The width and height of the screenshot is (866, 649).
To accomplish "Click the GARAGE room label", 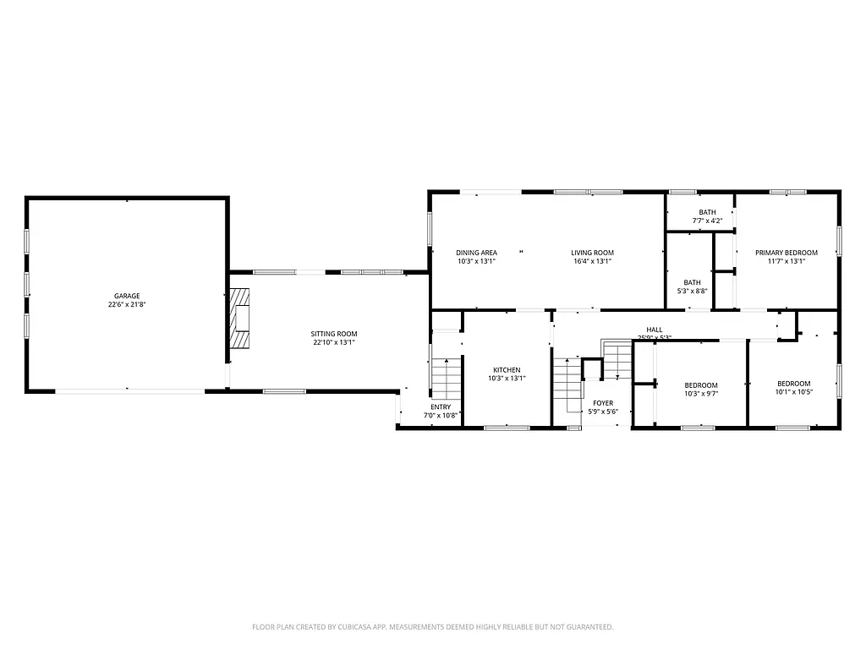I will (x=127, y=296).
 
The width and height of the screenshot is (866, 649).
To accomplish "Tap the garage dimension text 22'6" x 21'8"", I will (x=127, y=305).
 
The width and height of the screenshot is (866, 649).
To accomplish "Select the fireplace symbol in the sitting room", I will (x=241, y=319).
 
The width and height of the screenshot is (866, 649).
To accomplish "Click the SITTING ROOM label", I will (x=333, y=334).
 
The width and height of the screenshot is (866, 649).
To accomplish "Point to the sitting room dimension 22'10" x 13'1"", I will (x=333, y=343).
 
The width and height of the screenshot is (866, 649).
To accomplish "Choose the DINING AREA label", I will (x=476, y=253).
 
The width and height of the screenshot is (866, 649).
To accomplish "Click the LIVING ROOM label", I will (x=592, y=253).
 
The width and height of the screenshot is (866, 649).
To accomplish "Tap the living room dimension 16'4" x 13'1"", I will (x=592, y=262).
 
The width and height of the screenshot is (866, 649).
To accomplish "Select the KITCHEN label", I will (x=507, y=370).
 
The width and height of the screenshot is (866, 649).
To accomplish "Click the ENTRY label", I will (x=440, y=406).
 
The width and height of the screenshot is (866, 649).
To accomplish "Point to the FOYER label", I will (x=603, y=403).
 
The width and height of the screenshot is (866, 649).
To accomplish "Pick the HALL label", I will (x=655, y=330).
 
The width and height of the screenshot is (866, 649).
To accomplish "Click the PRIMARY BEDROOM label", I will (x=787, y=253).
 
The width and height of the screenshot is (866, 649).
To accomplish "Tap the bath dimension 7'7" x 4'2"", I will (x=707, y=221).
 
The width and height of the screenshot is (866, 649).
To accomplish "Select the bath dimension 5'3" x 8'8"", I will (x=692, y=292).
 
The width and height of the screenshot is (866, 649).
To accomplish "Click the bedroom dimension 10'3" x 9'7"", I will (x=701, y=393).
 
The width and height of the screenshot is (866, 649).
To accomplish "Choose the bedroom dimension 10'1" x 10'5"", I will (x=793, y=392).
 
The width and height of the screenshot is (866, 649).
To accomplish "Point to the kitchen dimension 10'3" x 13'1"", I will (x=507, y=379).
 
